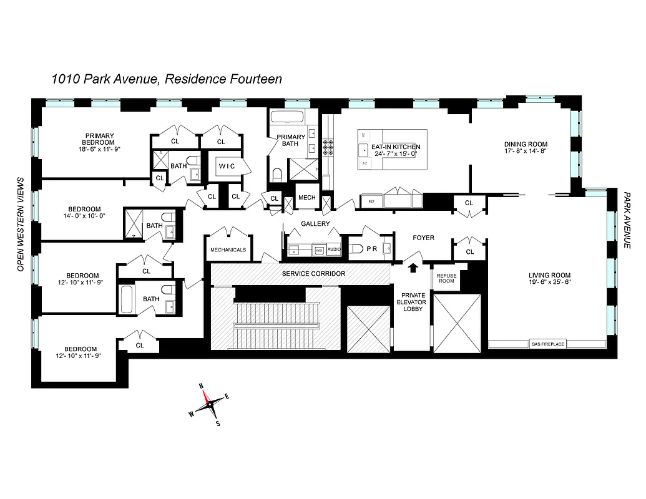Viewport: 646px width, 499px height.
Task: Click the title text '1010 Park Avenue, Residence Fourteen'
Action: [167, 79]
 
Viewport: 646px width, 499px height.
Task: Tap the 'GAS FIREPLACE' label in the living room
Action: [547, 343]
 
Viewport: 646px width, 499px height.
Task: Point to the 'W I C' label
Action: [225, 167]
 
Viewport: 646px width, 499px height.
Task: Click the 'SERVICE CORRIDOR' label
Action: [313, 273]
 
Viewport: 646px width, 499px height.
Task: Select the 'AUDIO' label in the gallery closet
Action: [334, 249]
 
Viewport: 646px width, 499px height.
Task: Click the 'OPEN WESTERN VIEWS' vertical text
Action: [20, 223]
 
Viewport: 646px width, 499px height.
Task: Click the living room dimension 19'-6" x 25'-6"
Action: [549, 282]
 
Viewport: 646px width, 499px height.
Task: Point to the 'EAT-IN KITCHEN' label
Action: [392, 147]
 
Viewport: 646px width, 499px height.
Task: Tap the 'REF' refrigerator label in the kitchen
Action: [371, 201]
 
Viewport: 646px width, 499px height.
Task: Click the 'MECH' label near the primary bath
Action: [306, 198]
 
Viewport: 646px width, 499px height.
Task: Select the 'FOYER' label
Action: [424, 238]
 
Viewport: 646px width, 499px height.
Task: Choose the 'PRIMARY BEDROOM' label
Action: [100, 138]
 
